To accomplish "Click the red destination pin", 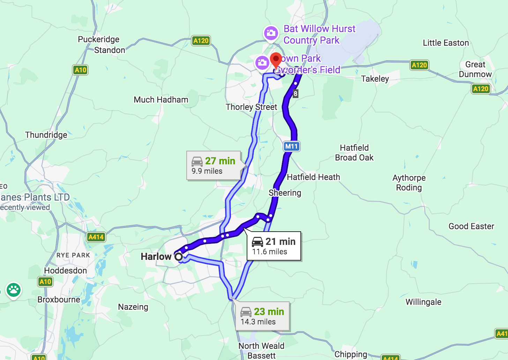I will coord(276,60).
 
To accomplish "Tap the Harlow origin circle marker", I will coord(179,257).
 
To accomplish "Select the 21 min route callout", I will coord(274,246).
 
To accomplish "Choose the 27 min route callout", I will coord(214,165).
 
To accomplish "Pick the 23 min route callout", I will coord(262,316).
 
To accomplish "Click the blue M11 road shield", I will coord(291,146).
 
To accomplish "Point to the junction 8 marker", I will coord(296,93).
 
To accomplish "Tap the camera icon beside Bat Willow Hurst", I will coord(271,33).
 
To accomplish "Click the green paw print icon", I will coord(14,290).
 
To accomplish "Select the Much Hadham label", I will coord(161,100).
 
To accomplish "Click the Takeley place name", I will coord(375,79).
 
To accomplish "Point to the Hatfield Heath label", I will coord(313,177).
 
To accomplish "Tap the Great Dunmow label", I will coord(475,69).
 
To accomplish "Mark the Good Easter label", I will coord(471,226).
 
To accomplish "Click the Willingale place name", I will coord(423,302).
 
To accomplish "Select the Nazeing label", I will coord(133,307).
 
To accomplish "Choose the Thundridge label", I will coord(46,135).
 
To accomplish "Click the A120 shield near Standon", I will coord(201,40).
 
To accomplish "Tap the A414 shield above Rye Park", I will coord(96,237).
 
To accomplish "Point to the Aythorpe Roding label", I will coord(409,183).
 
